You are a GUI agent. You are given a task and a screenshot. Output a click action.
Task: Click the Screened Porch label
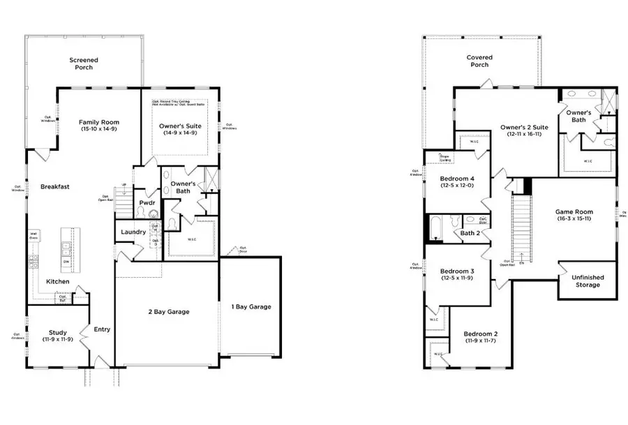pos(83,64)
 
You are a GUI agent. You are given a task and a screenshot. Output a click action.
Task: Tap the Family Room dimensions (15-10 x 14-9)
pos(96,129)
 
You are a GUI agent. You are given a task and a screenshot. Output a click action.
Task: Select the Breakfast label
pos(54,186)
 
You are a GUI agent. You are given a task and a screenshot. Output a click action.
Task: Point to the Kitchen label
pos(58,281)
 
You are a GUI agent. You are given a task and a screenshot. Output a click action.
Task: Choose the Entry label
pos(101,329)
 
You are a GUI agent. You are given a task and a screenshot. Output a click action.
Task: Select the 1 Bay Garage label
pos(251,306)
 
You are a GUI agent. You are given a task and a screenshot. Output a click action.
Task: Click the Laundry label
pos(133,232)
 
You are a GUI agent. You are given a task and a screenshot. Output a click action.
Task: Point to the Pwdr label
pos(147,203)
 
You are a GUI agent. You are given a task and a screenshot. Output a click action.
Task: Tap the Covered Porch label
pos(479,61)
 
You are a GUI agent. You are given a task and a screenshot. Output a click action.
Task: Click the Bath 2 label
pos(471,233)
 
